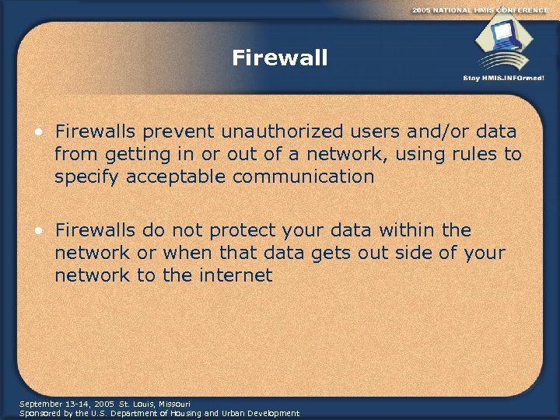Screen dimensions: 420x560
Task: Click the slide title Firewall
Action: point(280,58)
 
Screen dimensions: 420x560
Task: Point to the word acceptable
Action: point(184,177)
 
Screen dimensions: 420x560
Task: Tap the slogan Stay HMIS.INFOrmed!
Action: point(503,79)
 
